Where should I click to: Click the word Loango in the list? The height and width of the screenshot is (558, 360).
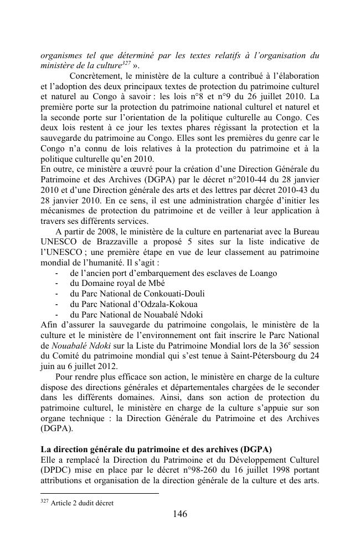tap(263, 273)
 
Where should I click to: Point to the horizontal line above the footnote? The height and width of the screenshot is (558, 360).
tap(100, 493)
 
